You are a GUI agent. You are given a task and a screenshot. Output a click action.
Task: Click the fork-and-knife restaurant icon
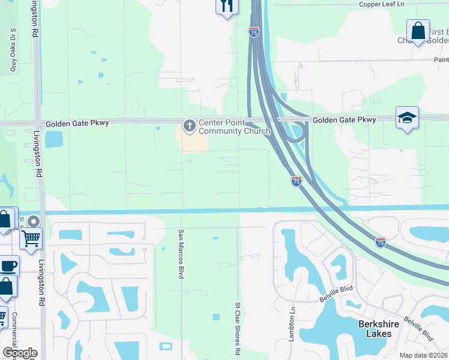pos(226,7)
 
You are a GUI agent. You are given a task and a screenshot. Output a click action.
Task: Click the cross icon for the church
pos(189,127)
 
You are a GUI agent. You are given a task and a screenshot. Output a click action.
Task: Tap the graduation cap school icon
pos(407,118)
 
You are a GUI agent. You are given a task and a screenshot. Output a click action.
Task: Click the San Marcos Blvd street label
pos(180,254)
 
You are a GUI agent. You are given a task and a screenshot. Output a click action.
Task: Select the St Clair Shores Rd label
pos(238,328)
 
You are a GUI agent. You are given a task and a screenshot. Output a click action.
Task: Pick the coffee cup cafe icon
pos(8,265)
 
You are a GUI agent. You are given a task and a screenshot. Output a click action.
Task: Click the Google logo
pos(19,353)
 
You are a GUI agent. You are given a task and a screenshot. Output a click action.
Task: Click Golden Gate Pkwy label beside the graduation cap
pos(345,120)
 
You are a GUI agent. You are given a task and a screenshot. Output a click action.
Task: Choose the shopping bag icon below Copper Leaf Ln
pos(418,31)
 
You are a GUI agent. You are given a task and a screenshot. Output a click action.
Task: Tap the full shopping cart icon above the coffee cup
pos(31,238)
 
